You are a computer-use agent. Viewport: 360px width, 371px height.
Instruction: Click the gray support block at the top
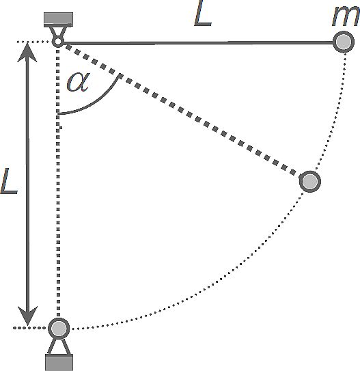coord(59,19)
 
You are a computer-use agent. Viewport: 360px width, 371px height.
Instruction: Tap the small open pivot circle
coord(57,42)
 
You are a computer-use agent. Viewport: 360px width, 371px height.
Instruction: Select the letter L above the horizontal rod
coord(202,13)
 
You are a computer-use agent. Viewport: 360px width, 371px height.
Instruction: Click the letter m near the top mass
coord(346,18)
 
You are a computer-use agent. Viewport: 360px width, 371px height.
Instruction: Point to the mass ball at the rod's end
coord(344,42)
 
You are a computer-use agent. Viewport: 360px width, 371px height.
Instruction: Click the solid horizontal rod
coord(197,43)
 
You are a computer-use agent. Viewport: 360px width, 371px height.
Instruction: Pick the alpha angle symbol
coord(78,82)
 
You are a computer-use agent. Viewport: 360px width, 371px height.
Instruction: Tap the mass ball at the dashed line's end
coord(310,181)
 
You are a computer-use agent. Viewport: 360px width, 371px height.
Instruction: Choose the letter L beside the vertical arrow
coord(9,181)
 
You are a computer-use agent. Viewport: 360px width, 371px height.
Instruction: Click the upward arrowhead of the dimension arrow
coord(27,52)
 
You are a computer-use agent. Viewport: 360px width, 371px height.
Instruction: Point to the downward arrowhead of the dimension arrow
coord(28,316)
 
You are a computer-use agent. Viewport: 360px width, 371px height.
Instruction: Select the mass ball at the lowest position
coord(59,328)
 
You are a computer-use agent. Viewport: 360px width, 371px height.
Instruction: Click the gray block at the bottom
coord(59,363)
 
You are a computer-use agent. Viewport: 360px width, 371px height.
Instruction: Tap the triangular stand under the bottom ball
coord(59,347)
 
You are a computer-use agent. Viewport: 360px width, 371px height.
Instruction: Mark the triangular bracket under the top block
coord(58,32)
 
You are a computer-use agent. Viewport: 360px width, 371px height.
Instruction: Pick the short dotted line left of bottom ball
coord(30,328)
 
